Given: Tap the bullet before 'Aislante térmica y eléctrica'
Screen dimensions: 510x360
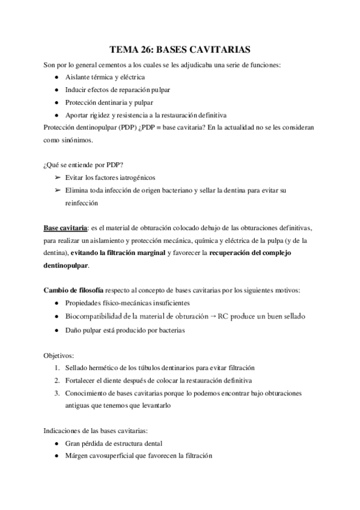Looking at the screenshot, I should [56, 78].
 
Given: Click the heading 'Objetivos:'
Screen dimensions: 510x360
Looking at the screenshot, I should [59, 355].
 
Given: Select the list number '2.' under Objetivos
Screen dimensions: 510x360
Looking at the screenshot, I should [55, 380].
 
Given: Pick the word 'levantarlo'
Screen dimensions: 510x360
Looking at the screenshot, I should [156, 405].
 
